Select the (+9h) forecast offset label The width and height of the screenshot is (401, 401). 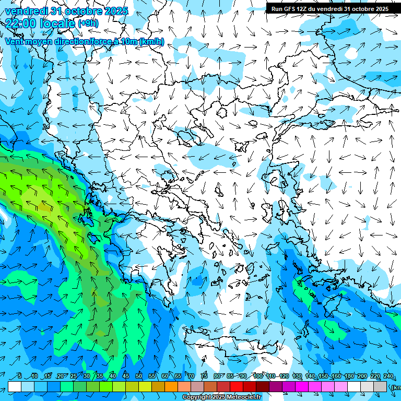pos(87,23)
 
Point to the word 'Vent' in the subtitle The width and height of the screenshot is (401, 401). pos(15,41)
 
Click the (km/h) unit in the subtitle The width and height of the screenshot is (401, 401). pos(151,41)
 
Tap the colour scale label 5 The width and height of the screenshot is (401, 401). pos(20,376)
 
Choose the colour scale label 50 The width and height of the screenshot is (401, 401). pos(138,376)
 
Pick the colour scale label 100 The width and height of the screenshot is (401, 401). pos(257,376)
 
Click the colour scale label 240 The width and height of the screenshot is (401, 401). pos(388,376)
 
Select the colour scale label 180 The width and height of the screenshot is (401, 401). pos(349,376)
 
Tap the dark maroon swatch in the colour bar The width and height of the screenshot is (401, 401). pos(263,386)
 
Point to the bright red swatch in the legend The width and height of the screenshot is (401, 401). pos(237,386)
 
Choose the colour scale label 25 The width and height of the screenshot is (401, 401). pos(74,376)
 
